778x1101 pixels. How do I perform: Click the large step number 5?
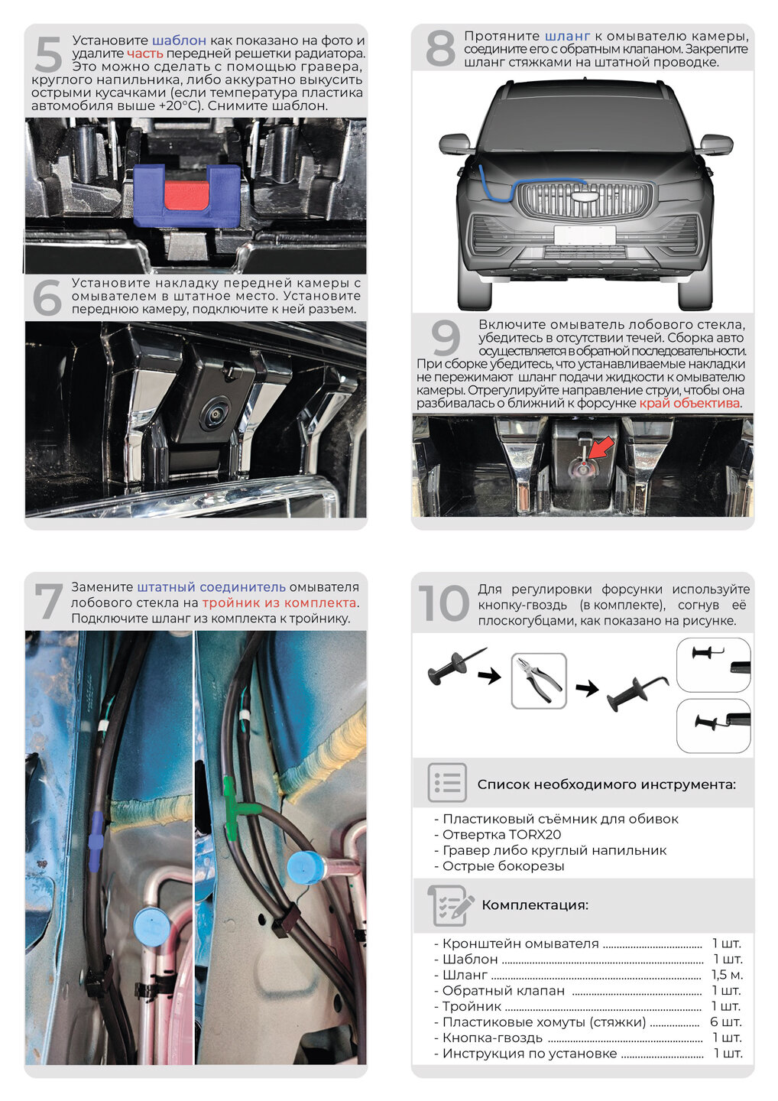tap(47, 55)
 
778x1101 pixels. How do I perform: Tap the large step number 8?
tap(440, 47)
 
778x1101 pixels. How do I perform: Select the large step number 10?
tap(444, 604)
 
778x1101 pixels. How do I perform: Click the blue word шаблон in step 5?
tap(179, 41)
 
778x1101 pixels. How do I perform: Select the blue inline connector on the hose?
tap(95, 841)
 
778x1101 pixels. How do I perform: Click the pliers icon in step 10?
tap(539, 680)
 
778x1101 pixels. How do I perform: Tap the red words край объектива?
tap(689, 403)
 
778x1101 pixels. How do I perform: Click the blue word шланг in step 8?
tap(567, 36)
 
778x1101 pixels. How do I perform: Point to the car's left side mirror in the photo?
tap(454, 144)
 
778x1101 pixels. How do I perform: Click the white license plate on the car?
tap(584, 235)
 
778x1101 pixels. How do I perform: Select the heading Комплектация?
tap(535, 905)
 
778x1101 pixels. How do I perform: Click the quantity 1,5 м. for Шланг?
tap(727, 975)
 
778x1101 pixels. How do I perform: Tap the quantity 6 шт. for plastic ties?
tap(726, 1022)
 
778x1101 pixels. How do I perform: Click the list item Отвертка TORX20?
tap(501, 835)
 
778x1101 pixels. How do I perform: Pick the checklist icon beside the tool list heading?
tap(447, 782)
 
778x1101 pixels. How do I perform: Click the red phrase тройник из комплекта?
tap(280, 602)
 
